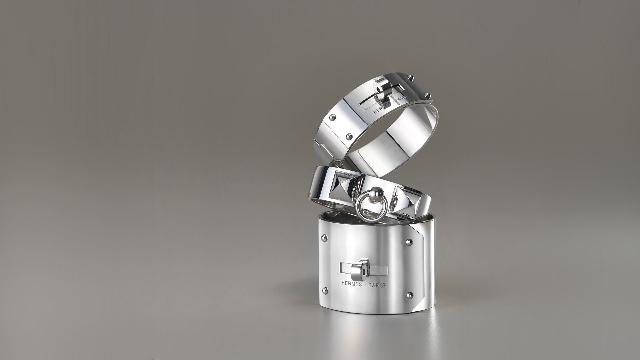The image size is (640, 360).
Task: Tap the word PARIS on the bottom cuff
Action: point(377,285)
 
